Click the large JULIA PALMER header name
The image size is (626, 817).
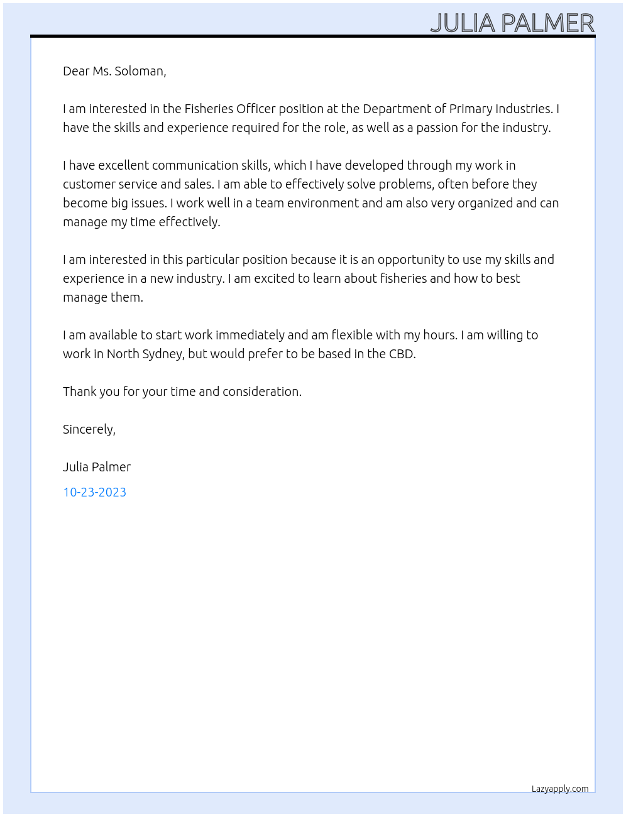click(x=512, y=23)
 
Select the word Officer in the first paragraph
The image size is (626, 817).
click(x=256, y=109)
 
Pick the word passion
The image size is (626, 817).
click(x=437, y=128)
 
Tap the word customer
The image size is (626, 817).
click(x=86, y=184)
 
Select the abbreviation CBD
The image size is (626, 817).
click(x=402, y=354)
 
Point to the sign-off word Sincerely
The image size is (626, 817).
click(x=89, y=429)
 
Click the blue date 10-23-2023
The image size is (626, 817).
click(x=94, y=492)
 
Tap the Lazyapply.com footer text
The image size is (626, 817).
click(x=560, y=789)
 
